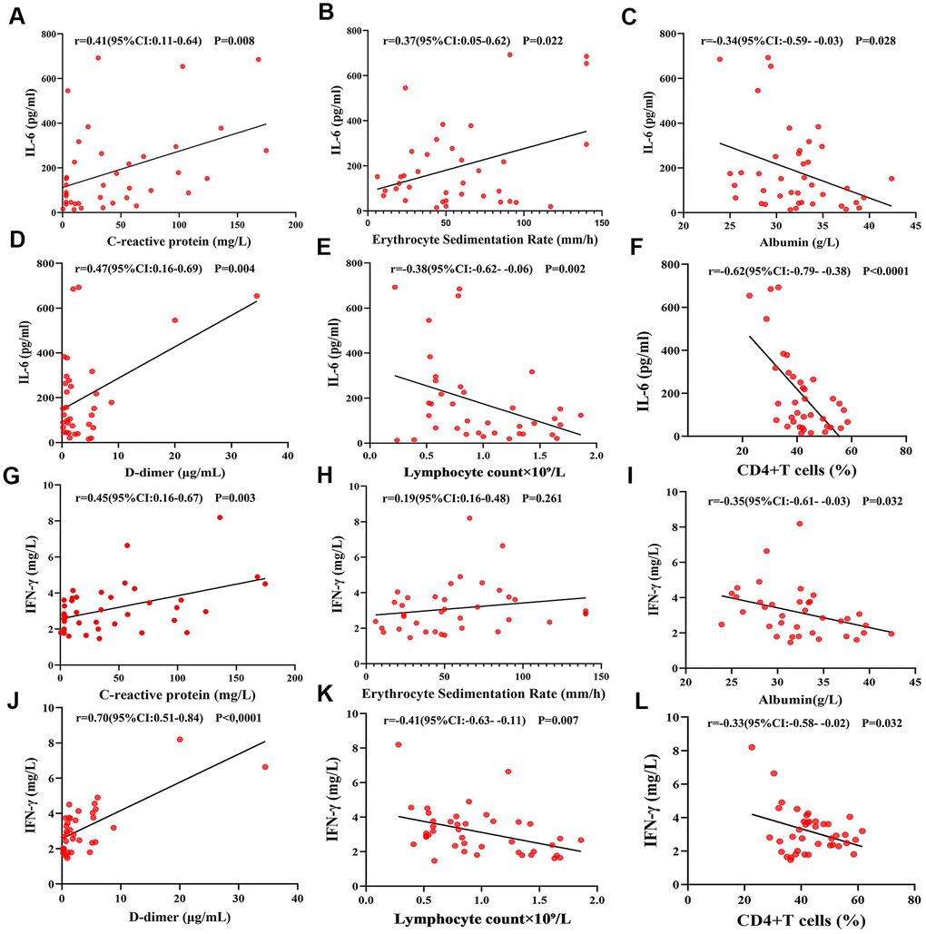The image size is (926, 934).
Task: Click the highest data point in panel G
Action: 219,517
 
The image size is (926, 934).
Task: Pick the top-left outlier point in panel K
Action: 398,744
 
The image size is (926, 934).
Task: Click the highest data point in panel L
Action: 751,747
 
